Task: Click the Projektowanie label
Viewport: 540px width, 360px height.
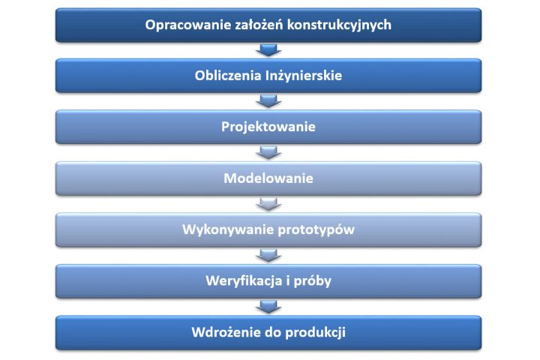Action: click(268, 127)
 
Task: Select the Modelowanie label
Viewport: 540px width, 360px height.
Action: click(268, 178)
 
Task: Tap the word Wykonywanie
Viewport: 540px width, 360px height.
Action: click(228, 230)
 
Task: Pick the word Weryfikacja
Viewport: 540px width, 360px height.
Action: click(244, 281)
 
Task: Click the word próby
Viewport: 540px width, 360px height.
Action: click(312, 281)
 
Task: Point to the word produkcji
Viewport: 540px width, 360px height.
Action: click(316, 333)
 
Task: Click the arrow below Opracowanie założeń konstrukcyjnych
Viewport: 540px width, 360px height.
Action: click(268, 50)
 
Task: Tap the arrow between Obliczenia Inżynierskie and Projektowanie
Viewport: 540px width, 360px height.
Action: click(268, 101)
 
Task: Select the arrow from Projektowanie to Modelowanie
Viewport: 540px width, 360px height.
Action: click(268, 152)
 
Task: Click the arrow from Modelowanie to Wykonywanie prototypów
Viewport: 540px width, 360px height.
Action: click(268, 204)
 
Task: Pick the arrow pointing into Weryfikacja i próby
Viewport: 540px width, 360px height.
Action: click(268, 255)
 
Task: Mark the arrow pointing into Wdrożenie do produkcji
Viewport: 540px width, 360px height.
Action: click(268, 307)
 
